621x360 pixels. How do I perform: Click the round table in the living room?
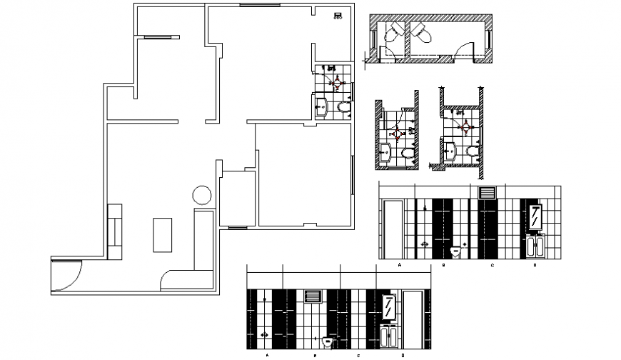pos(201,194)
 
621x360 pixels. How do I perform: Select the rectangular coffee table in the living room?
pos(162,234)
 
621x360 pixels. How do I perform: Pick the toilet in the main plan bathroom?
pos(344,108)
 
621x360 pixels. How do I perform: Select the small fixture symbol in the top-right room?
pos(338,16)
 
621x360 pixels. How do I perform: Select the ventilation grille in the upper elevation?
pos(488,192)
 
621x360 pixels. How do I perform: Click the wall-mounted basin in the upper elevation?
pos(458,250)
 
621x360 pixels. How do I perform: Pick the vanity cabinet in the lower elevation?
pos(390,336)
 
